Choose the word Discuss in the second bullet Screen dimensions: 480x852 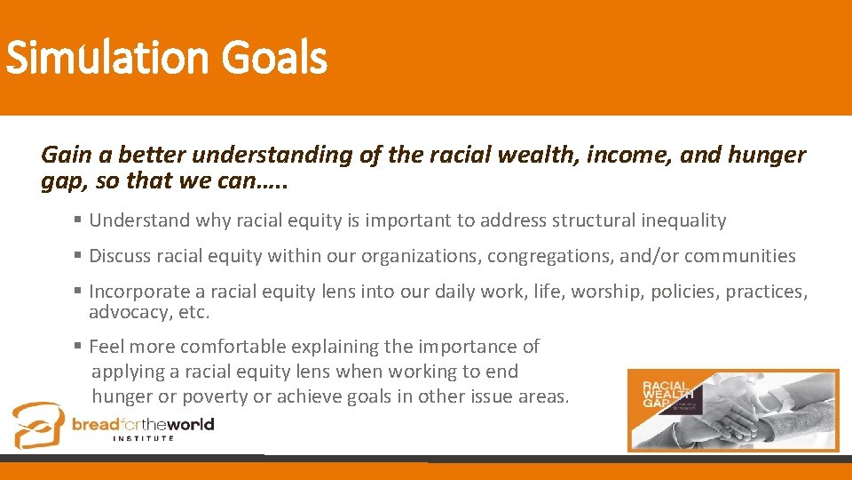click(x=121, y=256)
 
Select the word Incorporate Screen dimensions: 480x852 click(x=136, y=292)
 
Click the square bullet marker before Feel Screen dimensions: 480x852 click(x=79, y=346)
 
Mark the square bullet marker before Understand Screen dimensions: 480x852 click(x=79, y=220)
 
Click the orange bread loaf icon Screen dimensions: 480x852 click(x=38, y=425)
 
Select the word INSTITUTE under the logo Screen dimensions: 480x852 click(x=143, y=438)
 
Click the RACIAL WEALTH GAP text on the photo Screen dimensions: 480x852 click(x=665, y=391)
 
